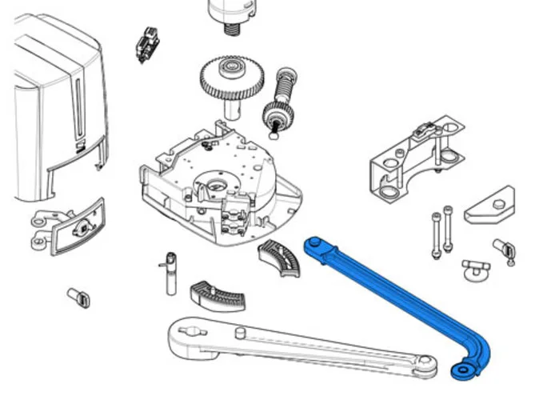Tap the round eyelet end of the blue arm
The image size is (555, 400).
click(462, 371)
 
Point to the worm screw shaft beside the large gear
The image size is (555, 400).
click(282, 99)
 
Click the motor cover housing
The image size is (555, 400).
click(56, 112)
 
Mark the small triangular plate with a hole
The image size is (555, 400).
click(489, 206)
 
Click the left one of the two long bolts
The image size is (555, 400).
click(435, 234)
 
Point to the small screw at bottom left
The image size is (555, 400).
click(79, 298)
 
